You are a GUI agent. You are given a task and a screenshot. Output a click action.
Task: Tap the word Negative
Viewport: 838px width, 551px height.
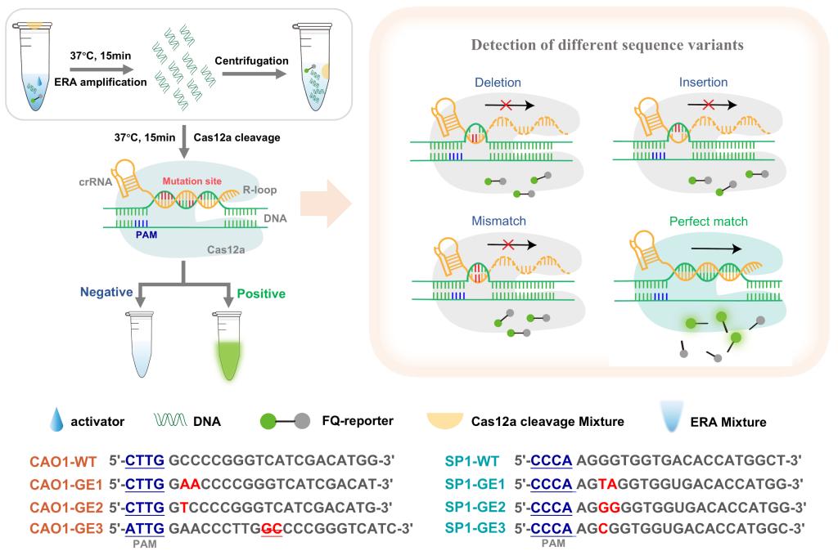click(106, 292)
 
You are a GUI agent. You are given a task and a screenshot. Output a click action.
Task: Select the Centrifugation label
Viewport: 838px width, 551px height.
click(251, 60)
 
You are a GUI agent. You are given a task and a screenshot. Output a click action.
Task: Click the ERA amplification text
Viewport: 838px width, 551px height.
click(101, 82)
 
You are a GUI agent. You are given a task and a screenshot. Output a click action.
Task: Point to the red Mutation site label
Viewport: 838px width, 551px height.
click(191, 181)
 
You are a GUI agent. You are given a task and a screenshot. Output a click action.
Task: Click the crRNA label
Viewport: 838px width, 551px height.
click(95, 181)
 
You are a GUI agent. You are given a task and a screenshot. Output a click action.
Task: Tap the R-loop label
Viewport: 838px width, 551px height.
click(259, 190)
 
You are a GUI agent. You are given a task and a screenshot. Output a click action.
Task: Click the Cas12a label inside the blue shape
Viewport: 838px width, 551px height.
click(226, 249)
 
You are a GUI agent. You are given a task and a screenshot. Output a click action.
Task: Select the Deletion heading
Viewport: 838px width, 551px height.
click(498, 83)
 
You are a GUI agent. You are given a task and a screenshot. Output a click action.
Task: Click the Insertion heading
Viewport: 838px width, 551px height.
click(703, 83)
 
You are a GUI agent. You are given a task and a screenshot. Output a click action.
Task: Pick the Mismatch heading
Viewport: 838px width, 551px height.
click(498, 221)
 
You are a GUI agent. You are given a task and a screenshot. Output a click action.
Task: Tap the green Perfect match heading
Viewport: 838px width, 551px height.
click(708, 221)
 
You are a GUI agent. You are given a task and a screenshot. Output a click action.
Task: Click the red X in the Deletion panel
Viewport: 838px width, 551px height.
click(506, 105)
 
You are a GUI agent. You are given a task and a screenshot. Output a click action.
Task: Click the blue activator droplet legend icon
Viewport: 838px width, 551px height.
click(56, 419)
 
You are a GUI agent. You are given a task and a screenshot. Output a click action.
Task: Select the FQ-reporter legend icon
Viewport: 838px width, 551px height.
click(285, 421)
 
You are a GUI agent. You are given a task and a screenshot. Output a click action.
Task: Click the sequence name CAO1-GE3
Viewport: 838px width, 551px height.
click(66, 529)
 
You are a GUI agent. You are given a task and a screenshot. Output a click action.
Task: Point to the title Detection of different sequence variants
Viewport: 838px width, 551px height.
click(607, 45)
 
